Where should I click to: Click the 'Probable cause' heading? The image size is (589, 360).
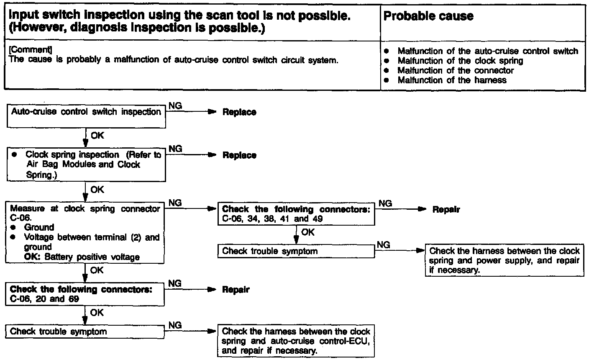click(x=428, y=16)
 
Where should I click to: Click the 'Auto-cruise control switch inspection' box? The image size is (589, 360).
click(x=86, y=116)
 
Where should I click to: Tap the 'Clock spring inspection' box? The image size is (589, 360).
click(x=86, y=165)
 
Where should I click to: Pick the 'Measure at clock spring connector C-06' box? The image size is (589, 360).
click(x=86, y=232)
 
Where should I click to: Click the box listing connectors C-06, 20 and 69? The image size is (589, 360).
click(x=86, y=294)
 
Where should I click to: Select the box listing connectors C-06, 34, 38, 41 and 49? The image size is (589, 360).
click(x=296, y=214)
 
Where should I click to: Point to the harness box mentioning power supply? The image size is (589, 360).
click(x=504, y=260)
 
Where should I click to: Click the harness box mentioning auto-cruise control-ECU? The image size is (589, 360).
click(x=296, y=341)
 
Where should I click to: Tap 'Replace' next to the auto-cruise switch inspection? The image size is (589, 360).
click(x=239, y=112)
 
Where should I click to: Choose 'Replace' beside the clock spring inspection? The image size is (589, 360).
click(x=239, y=155)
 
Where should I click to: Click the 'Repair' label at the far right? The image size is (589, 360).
click(x=446, y=209)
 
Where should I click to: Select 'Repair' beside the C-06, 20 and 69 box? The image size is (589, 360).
click(x=236, y=290)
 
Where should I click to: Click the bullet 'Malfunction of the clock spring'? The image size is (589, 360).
click(x=460, y=61)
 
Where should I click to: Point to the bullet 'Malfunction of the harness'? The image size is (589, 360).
click(x=452, y=80)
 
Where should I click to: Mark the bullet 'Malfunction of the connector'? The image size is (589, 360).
click(x=455, y=70)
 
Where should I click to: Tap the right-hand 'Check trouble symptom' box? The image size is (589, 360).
click(x=296, y=251)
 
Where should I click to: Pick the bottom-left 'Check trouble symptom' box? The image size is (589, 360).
click(x=86, y=332)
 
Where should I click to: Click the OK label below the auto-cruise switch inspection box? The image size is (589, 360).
click(x=97, y=136)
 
